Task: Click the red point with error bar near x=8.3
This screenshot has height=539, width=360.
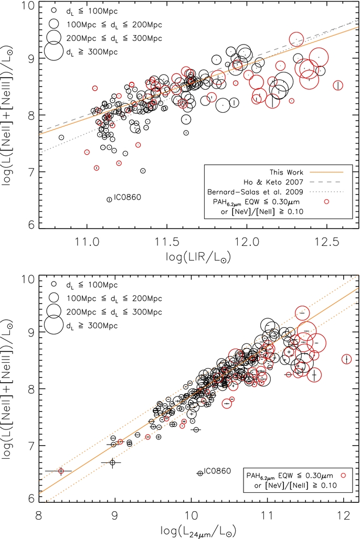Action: point(61,471)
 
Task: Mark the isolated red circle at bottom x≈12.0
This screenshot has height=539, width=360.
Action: point(346,359)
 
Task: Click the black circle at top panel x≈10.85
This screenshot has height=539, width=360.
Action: point(61,137)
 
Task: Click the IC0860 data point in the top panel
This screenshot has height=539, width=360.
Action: point(109,199)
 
